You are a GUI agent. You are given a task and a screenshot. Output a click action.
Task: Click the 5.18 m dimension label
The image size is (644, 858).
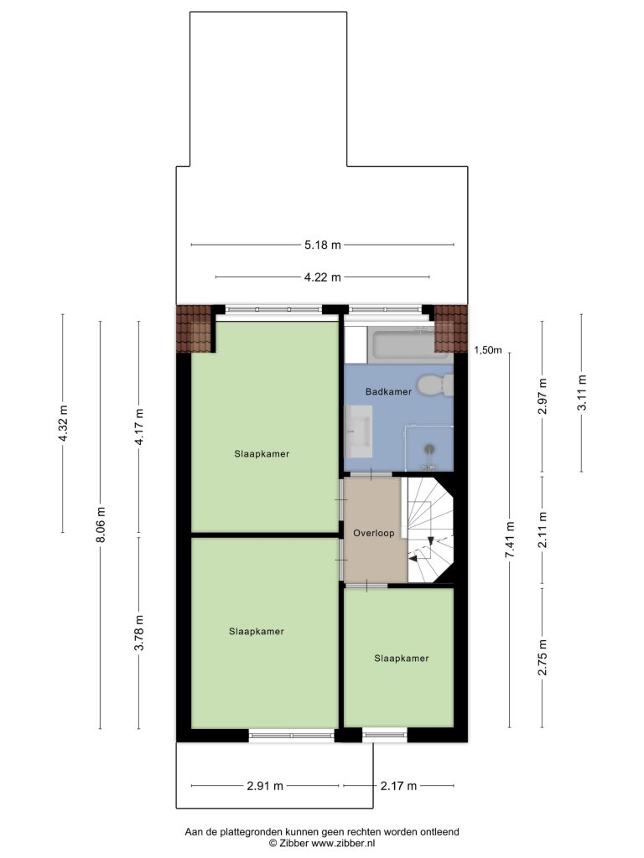pyautogui.click(x=323, y=246)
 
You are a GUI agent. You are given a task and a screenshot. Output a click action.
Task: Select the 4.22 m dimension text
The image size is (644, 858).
pyautogui.click(x=323, y=277)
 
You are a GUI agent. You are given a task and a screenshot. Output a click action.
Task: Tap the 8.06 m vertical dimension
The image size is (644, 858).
pyautogui.click(x=101, y=525)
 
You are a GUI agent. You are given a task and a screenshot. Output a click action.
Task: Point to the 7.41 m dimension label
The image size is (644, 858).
pyautogui.click(x=510, y=540)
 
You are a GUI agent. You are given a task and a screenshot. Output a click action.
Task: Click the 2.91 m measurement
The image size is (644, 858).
pyautogui.click(x=265, y=786)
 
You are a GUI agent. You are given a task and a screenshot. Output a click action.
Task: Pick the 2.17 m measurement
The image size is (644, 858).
pyautogui.click(x=398, y=786)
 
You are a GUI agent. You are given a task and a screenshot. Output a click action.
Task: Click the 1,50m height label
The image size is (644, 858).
pyautogui.click(x=487, y=351)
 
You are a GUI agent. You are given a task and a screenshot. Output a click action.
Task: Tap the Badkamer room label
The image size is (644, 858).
pyautogui.click(x=388, y=392)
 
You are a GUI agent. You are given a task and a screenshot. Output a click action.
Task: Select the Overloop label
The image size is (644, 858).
pyautogui.click(x=373, y=533)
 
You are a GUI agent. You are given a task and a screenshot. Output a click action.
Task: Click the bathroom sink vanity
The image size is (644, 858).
pyautogui.click(x=359, y=432)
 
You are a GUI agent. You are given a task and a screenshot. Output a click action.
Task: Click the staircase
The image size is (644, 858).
pyautogui.click(x=431, y=530)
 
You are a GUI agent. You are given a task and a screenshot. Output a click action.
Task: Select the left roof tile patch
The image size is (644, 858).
pyautogui.click(x=194, y=328)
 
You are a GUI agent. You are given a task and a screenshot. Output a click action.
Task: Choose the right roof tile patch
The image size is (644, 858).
pyautogui.click(x=451, y=328)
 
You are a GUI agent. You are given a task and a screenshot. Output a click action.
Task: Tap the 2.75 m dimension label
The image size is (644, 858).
pyautogui.click(x=543, y=657)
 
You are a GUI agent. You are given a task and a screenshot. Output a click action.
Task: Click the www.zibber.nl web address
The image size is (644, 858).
pyautogui.click(x=343, y=843)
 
